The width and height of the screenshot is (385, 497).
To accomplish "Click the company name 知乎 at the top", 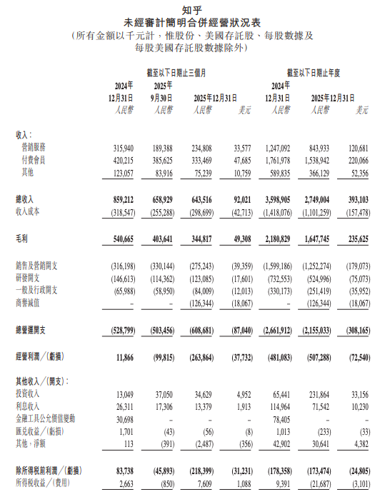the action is coord(192,9).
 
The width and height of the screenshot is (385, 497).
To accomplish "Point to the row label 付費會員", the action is coord(36,160).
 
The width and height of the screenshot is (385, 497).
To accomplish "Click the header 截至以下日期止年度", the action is coord(323,72).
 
